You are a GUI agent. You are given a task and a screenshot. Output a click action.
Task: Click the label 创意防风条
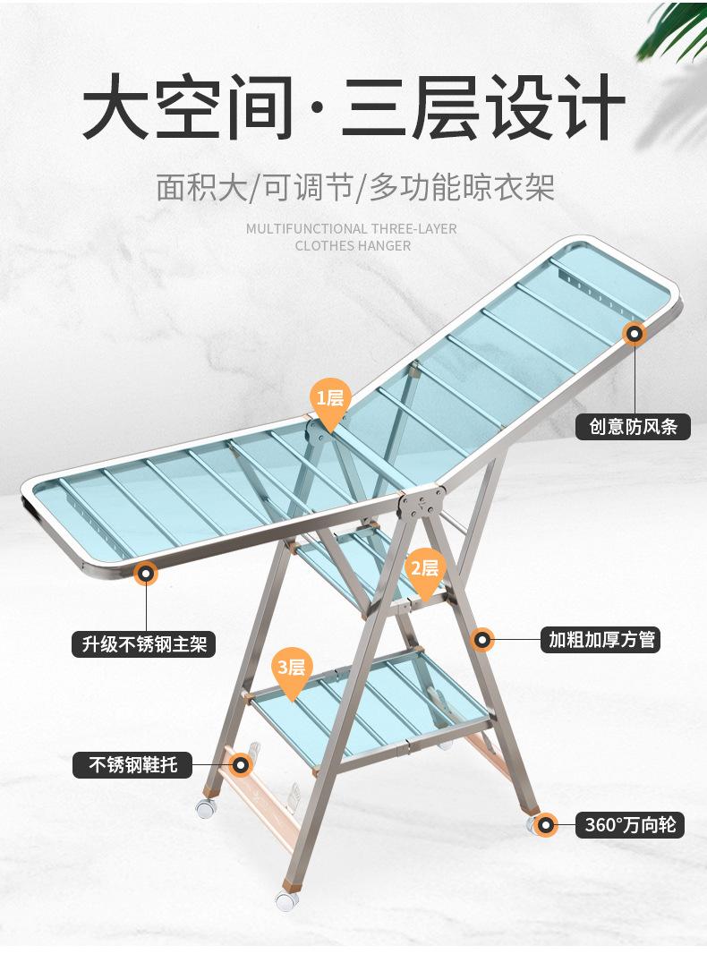tap(633, 425)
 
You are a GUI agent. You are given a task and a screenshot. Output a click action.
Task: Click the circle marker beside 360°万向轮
tap(544, 824)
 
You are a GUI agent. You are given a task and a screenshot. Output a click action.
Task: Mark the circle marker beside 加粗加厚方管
tap(482, 639)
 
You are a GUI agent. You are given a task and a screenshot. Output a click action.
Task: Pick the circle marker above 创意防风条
tap(635, 335)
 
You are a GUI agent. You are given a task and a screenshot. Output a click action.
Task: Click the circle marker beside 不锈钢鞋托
tap(240, 764)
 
